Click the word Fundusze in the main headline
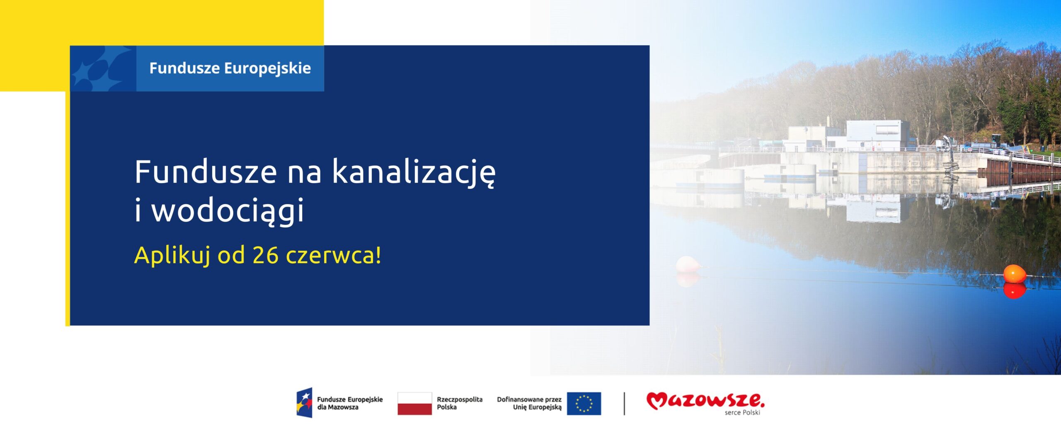pos(206,172)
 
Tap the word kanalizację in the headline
pos(414,173)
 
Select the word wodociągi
pos(228,210)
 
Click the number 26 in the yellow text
pos(265,255)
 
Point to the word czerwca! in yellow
pos(333,255)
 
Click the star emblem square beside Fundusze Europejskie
pos(103,68)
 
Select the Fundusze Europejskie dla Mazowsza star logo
pos(304,403)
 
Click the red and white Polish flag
pos(414,403)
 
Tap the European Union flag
pos(584,403)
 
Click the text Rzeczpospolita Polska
pos(460,403)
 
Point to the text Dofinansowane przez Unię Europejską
pos(529,403)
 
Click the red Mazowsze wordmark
pos(705,401)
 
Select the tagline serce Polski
pos(742,413)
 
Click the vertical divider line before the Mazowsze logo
pos(624,403)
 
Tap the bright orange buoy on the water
pos(1014,274)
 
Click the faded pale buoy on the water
pos(688,264)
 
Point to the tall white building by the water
pos(877,135)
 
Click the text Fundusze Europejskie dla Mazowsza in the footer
pos(350,403)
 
